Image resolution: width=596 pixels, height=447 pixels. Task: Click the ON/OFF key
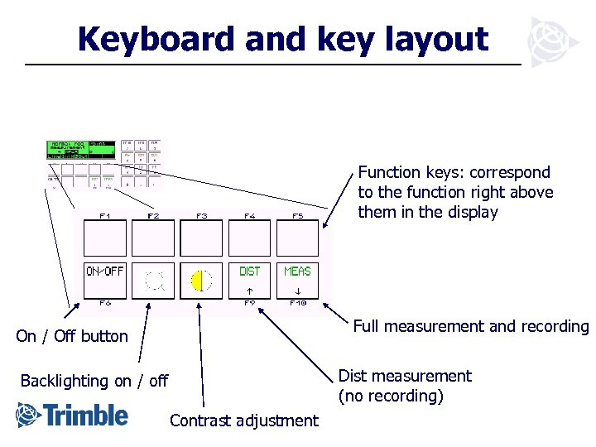pyautogui.click(x=105, y=281)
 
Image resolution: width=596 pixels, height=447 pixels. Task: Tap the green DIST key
pyautogui.click(x=250, y=281)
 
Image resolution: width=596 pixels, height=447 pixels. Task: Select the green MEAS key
pyautogui.click(x=297, y=281)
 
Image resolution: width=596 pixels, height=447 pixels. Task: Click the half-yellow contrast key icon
pyautogui.click(x=201, y=281)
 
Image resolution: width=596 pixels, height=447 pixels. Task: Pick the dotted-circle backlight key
pyautogui.click(x=153, y=281)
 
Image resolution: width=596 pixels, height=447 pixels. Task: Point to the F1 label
pyautogui.click(x=105, y=215)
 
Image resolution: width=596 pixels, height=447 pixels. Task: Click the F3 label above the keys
pyautogui.click(x=201, y=215)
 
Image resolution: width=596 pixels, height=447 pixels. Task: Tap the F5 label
pyautogui.click(x=298, y=215)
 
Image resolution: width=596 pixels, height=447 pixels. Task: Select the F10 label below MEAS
pyautogui.click(x=298, y=303)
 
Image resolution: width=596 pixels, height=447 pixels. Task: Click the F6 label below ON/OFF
pyautogui.click(x=105, y=303)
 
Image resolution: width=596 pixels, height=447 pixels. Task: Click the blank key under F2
pyautogui.click(x=153, y=238)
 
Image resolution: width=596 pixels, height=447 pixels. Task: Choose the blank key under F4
pyautogui.click(x=250, y=238)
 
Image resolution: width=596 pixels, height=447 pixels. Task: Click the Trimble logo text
pyautogui.click(x=87, y=415)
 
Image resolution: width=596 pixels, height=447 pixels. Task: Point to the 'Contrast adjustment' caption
pyautogui.click(x=243, y=421)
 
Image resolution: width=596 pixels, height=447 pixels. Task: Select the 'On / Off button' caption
pyautogui.click(x=72, y=336)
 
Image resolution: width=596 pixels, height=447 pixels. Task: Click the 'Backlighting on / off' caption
pyautogui.click(x=94, y=381)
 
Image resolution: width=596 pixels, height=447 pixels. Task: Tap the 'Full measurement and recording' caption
pyautogui.click(x=470, y=326)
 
